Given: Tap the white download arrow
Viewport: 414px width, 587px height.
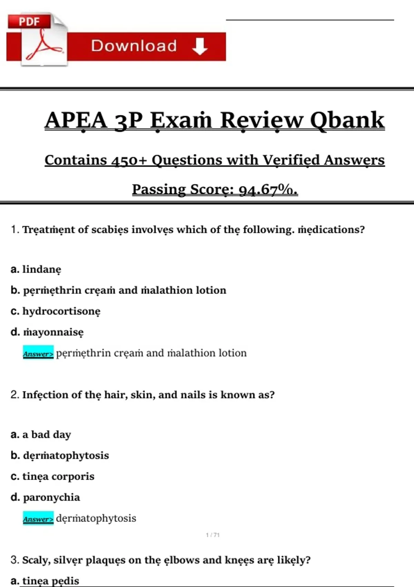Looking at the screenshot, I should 200,46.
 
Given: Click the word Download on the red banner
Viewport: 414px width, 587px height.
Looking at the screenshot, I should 134,46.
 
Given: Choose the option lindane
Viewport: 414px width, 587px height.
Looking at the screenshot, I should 42,269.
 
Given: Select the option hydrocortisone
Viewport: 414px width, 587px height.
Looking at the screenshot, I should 61,311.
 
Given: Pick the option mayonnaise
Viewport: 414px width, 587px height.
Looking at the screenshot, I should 53,332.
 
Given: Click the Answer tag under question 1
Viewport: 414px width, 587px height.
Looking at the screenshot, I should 38,353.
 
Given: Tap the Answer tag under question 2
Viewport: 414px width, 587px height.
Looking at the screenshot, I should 38,519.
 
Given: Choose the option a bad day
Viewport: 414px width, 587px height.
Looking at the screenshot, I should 47,434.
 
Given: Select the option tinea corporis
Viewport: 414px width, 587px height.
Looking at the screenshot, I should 58,477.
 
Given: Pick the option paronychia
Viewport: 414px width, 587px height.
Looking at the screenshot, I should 51,497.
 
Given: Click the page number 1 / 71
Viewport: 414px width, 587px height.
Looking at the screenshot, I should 213,535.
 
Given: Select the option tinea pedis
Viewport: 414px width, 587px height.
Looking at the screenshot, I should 51,581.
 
